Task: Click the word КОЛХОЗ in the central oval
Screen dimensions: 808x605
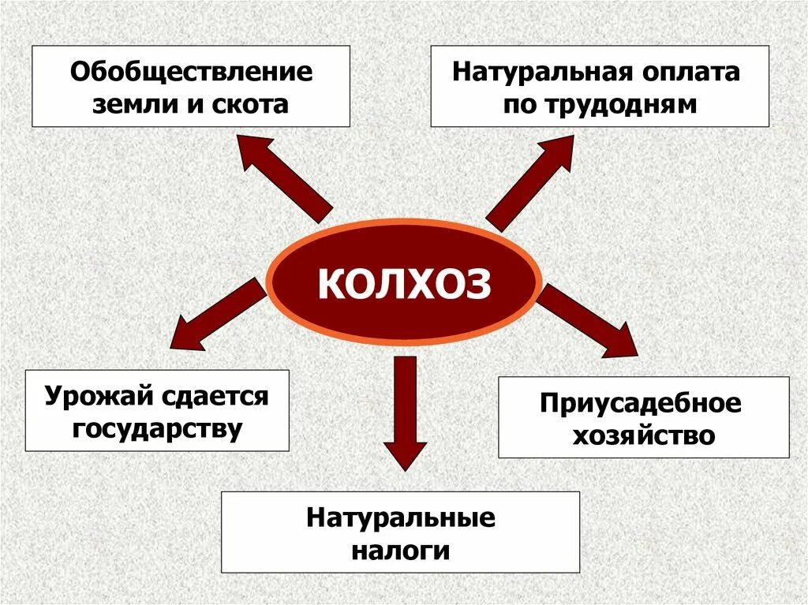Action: click(404, 283)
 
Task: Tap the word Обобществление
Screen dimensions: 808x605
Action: click(192, 73)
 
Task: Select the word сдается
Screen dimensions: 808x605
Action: click(213, 397)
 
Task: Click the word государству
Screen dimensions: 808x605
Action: click(156, 428)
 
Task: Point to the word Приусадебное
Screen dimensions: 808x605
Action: click(642, 404)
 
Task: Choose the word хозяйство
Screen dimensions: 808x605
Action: click(642, 435)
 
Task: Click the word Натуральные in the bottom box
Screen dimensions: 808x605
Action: click(401, 518)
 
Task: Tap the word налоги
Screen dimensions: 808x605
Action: click(401, 550)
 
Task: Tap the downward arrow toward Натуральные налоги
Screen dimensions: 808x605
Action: click(405, 411)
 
